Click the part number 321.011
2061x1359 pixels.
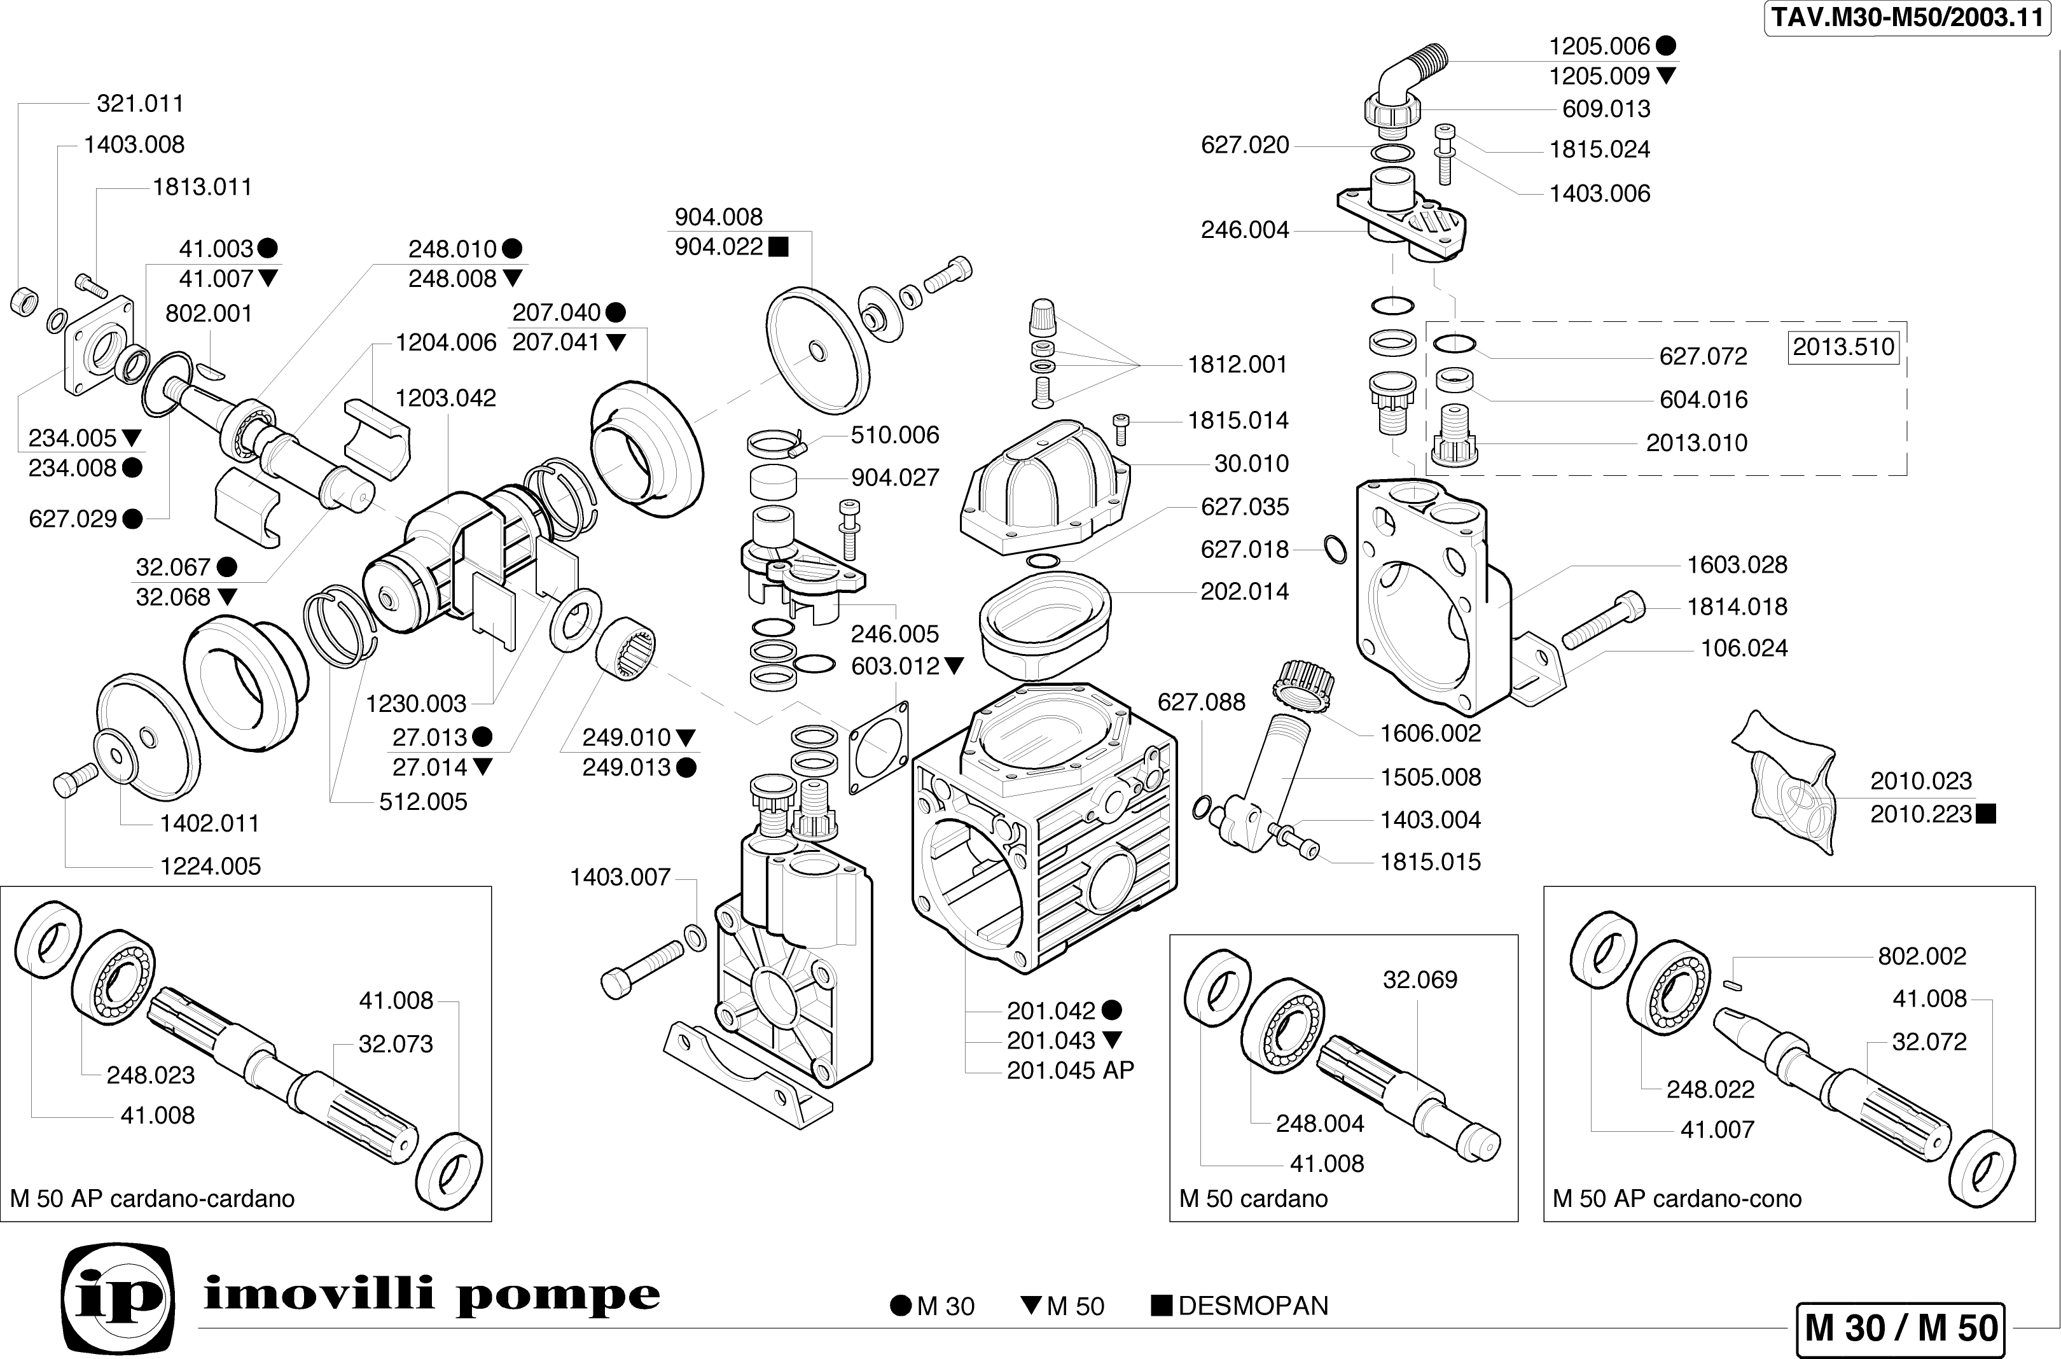click(x=141, y=104)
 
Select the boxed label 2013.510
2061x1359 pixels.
click(x=1843, y=347)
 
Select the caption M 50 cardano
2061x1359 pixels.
click(x=1253, y=1199)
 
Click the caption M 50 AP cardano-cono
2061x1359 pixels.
click(x=1676, y=1199)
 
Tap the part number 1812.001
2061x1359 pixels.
click(x=1237, y=365)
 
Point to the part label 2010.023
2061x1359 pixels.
click(x=1920, y=782)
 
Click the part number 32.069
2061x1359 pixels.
click(x=1420, y=980)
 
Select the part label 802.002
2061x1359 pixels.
click(x=1922, y=957)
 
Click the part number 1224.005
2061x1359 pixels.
click(x=211, y=867)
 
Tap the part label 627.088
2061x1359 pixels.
click(x=1201, y=702)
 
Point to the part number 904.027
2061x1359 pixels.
click(x=895, y=478)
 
